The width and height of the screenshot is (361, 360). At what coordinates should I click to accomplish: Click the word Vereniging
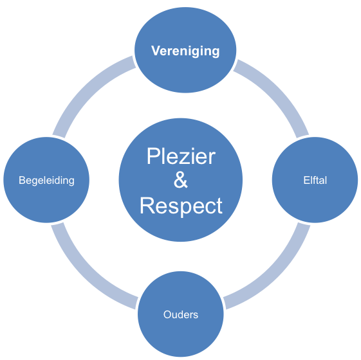point(185,51)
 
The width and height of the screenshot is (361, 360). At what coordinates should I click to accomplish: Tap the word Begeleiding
point(46,181)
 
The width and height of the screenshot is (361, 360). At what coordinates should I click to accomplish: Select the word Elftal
point(315,181)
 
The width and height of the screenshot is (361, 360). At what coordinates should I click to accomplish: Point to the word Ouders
point(181,314)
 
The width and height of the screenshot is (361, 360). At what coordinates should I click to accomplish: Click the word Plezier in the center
point(181,156)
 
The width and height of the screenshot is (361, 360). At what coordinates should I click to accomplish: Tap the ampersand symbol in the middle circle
point(181,180)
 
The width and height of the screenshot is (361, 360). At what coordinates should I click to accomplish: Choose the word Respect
point(181,206)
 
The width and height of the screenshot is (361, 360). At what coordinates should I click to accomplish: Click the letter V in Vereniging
point(156,51)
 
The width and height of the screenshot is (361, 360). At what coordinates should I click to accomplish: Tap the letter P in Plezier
point(153,156)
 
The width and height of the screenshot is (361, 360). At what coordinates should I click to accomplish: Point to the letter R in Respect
point(147,206)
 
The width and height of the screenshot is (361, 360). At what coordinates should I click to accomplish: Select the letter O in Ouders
point(167,315)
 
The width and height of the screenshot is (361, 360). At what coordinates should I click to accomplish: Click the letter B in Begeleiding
point(22,181)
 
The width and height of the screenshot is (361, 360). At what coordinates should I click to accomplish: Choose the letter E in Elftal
point(306,181)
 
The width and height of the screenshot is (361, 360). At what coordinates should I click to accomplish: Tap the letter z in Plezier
point(189,158)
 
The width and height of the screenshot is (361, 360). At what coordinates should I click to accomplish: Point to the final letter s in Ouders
point(196,316)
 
